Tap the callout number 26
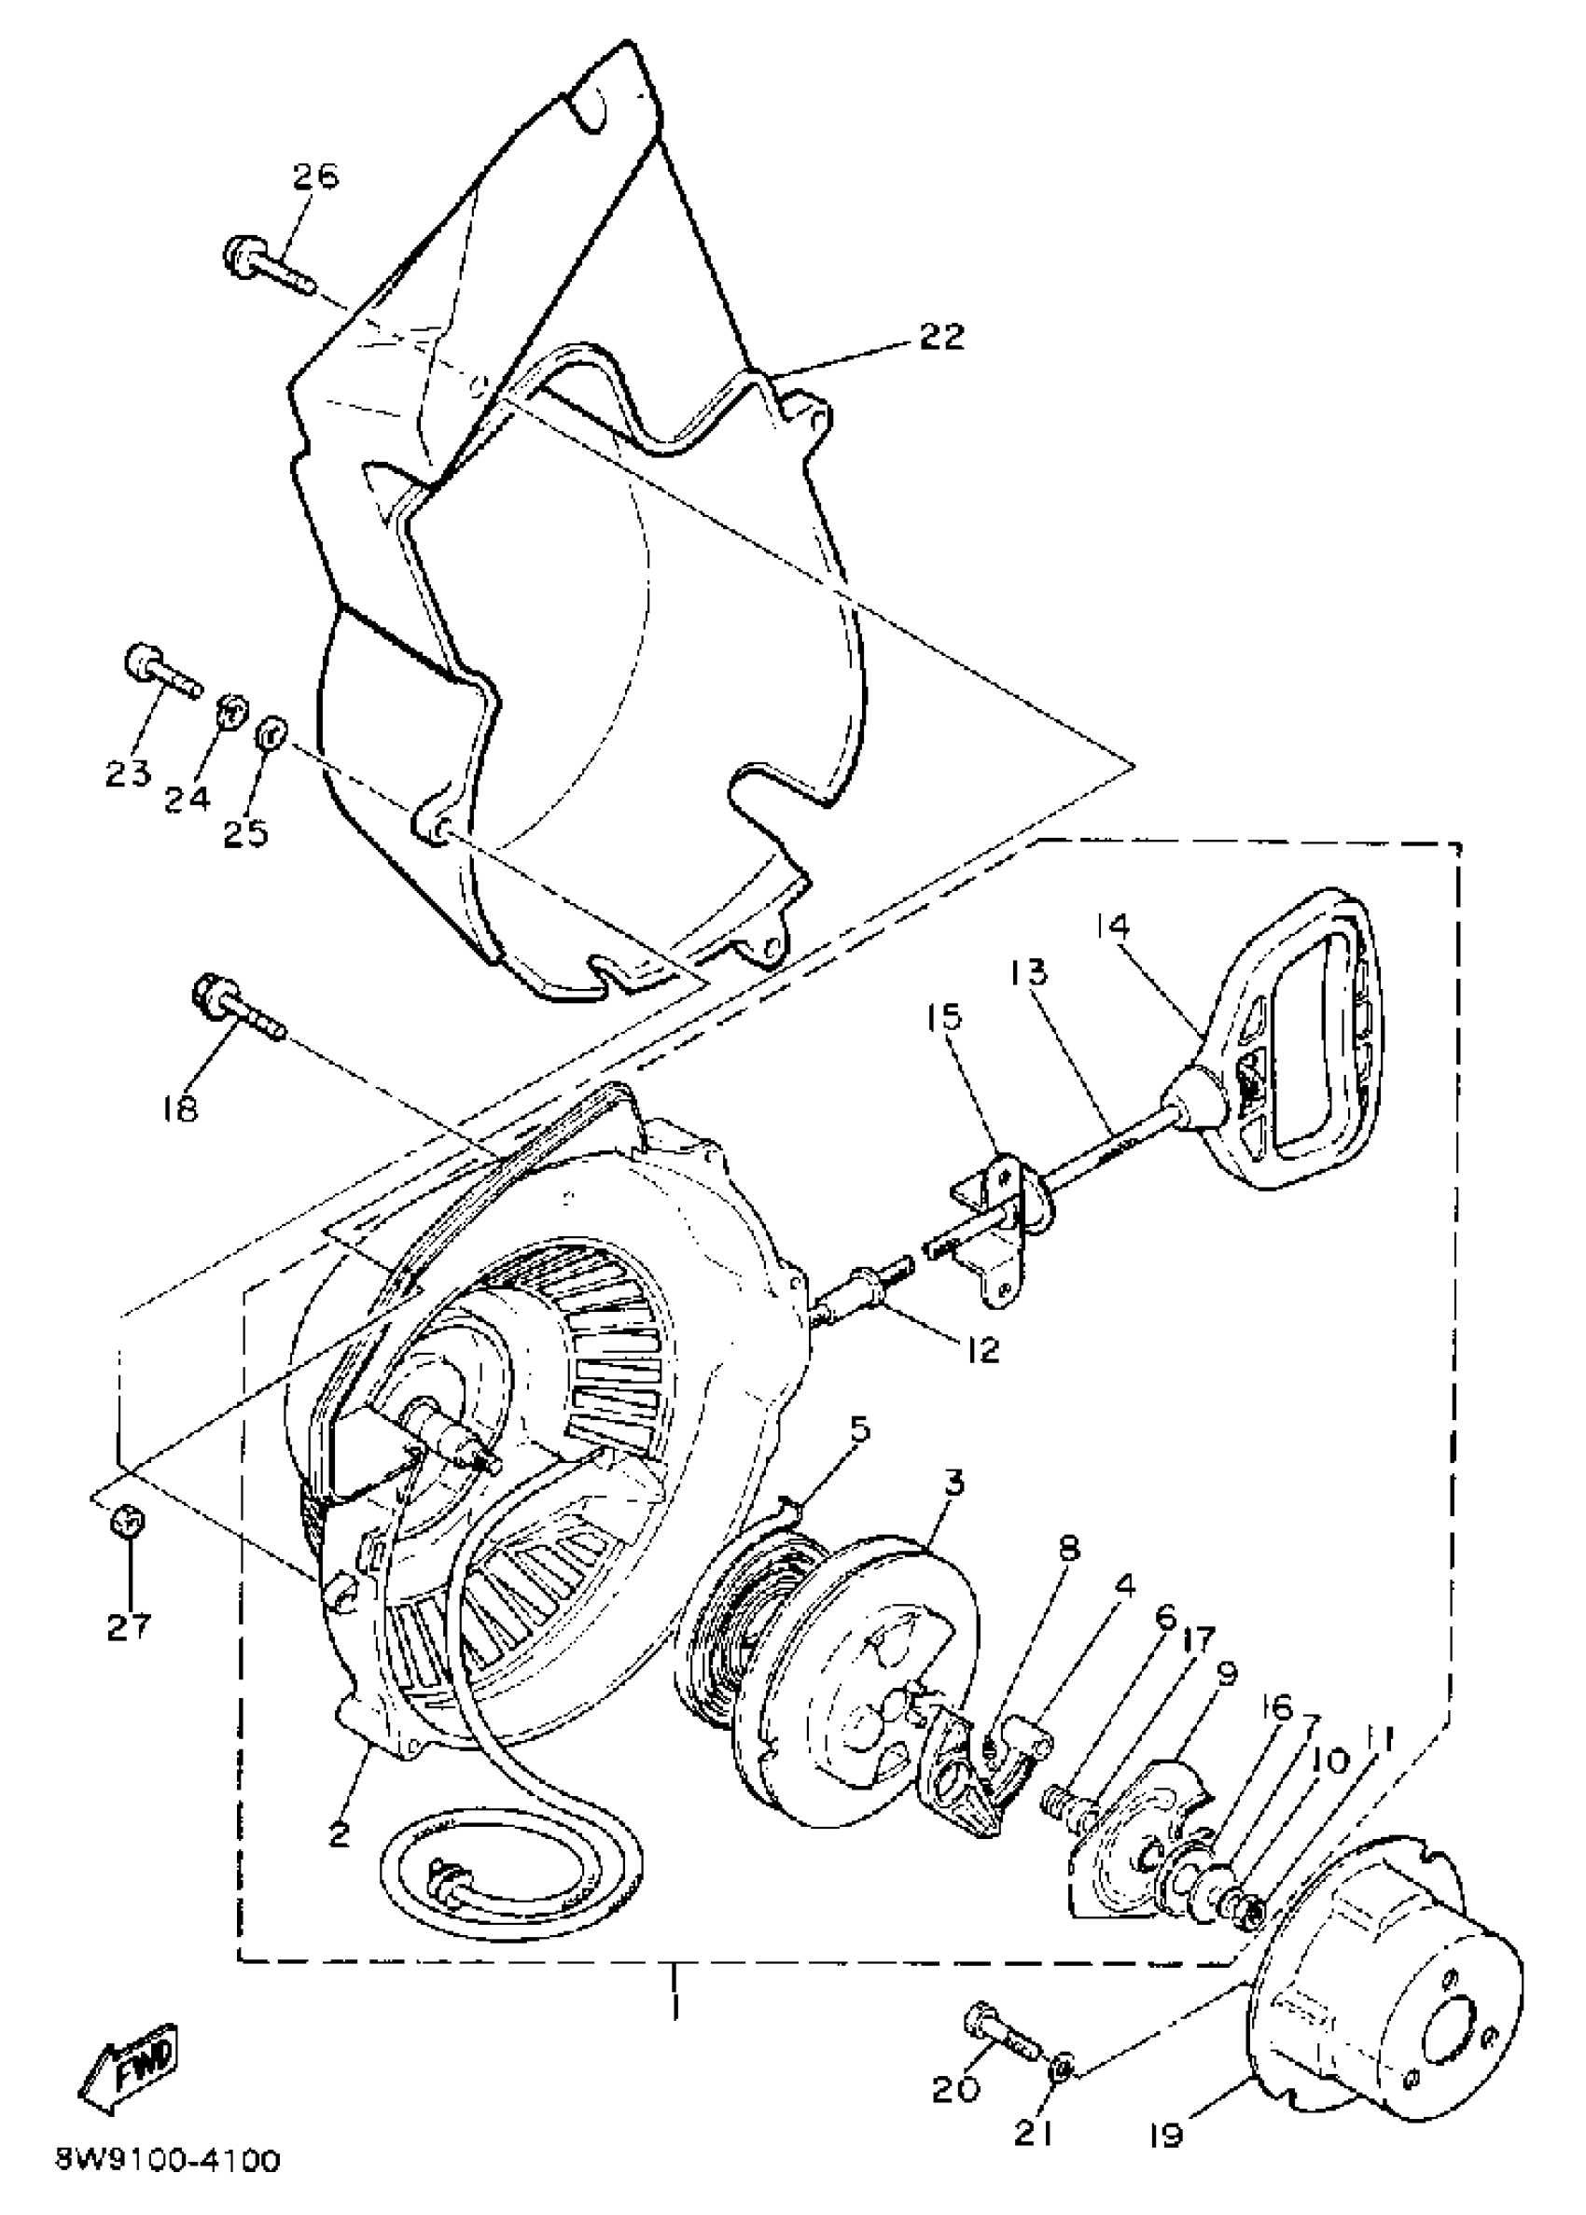point(315,176)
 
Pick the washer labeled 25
point(271,733)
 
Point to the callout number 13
point(1027,973)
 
